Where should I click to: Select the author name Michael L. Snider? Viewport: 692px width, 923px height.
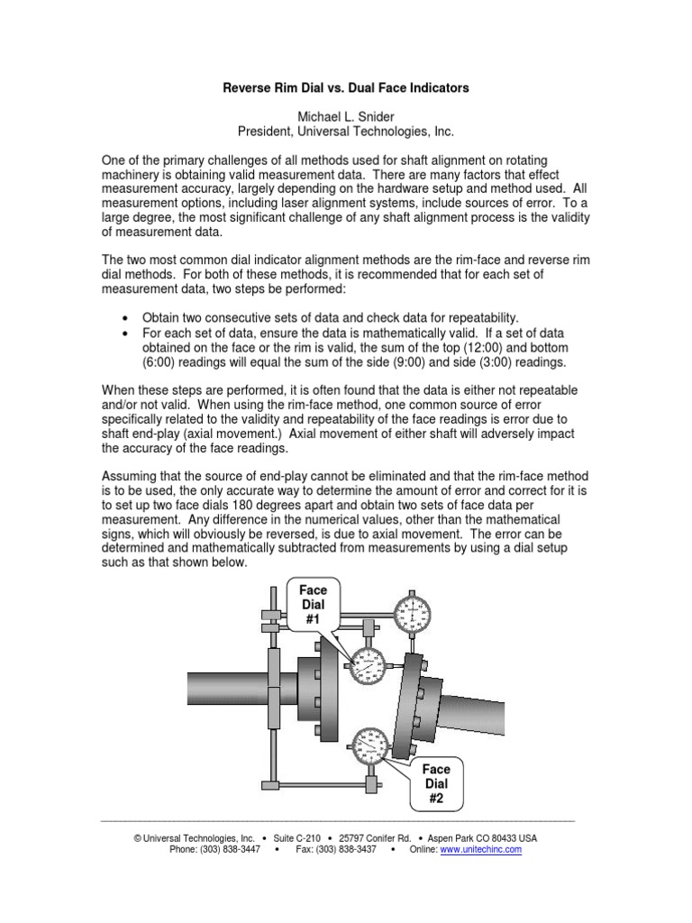346,117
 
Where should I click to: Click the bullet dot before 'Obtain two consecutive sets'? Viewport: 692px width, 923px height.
124,318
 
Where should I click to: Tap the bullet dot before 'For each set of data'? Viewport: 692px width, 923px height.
124,334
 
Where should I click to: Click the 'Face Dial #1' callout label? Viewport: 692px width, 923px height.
313,605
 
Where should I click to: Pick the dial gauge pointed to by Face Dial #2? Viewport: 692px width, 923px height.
371,745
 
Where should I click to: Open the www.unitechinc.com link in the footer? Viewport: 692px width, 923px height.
480,850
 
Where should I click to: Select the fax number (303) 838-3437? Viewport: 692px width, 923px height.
347,850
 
